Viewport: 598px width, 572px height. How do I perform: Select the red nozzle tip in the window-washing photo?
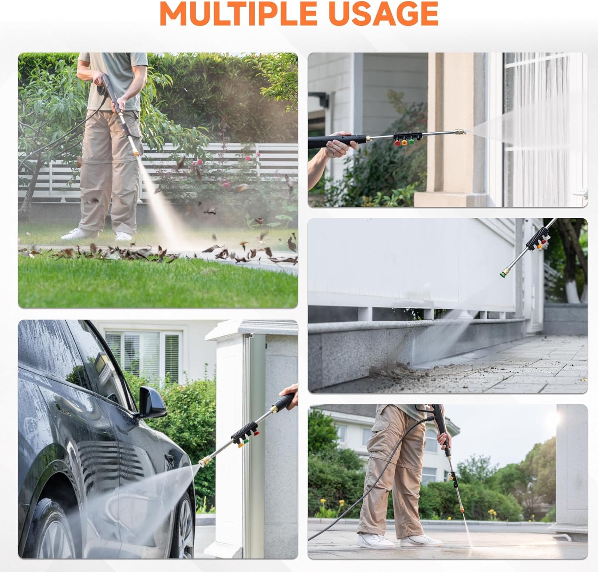click(397, 143)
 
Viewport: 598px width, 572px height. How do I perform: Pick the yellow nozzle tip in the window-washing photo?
click(404, 142)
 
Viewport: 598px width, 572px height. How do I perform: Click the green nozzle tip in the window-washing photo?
click(411, 141)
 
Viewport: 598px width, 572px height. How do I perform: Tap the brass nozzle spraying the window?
click(462, 131)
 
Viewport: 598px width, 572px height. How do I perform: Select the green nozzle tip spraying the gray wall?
click(505, 273)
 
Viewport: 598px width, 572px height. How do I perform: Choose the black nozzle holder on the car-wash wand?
click(246, 430)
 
